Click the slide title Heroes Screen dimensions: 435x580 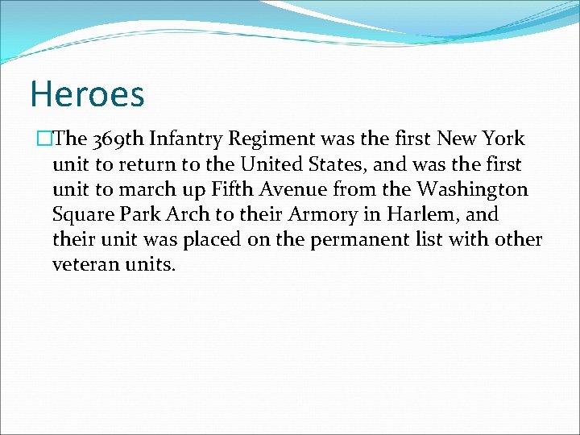(x=87, y=93)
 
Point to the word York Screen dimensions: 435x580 (x=504, y=139)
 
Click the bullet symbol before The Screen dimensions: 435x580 (x=44, y=139)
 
